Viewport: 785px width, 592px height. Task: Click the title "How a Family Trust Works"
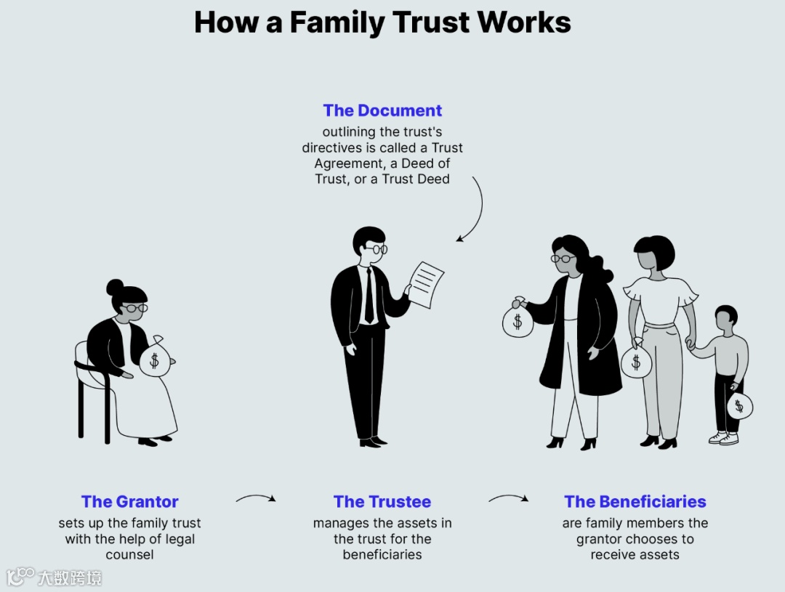(x=382, y=23)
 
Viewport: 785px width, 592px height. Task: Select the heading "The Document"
(x=382, y=110)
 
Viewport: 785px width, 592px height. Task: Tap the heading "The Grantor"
(x=130, y=501)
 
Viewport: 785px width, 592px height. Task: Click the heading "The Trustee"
(x=382, y=501)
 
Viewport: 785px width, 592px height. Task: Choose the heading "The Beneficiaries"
(x=635, y=501)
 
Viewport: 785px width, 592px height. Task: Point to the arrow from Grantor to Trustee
(x=256, y=498)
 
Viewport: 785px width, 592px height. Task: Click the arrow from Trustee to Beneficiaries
(x=508, y=498)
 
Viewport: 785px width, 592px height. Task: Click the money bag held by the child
(x=739, y=405)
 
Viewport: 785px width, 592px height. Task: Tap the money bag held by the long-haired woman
(x=518, y=320)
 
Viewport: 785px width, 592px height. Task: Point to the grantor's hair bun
(x=115, y=287)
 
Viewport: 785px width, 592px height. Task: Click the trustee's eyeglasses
(x=375, y=249)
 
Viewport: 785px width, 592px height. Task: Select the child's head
(x=725, y=317)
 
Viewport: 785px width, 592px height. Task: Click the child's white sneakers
(x=724, y=438)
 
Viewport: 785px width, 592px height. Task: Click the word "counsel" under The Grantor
(x=130, y=555)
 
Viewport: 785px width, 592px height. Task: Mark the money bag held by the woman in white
(x=636, y=361)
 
